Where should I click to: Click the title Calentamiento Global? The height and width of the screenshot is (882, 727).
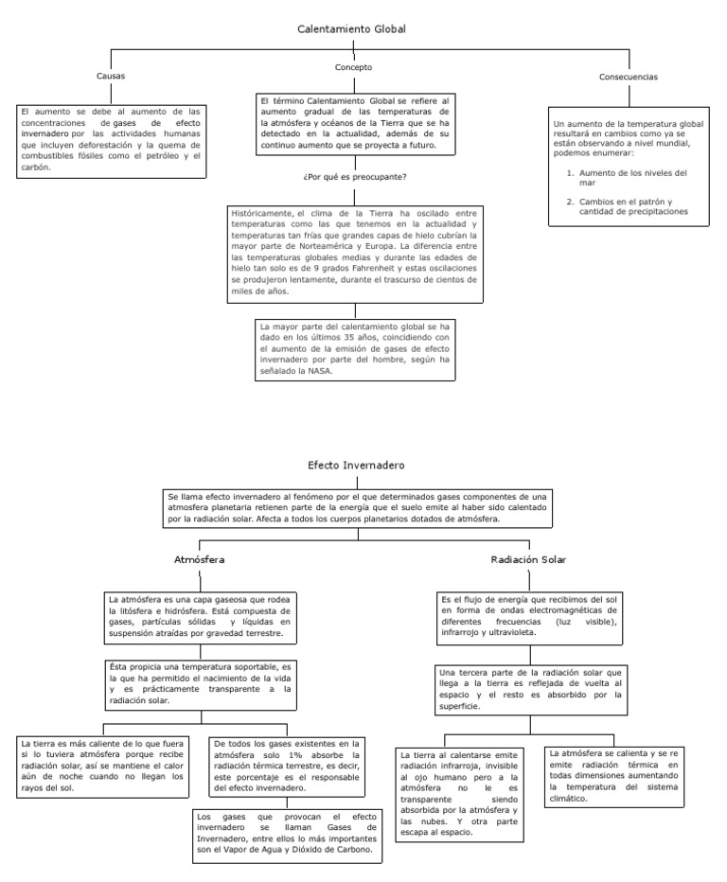[352, 29]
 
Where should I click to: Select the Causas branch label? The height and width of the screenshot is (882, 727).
[111, 76]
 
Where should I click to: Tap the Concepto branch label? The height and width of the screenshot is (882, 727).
[353, 67]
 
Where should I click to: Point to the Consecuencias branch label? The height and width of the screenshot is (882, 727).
[629, 77]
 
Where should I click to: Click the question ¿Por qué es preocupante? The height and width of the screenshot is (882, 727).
[354, 177]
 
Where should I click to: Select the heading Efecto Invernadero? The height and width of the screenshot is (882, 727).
[356, 467]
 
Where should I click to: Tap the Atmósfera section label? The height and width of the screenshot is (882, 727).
[199, 559]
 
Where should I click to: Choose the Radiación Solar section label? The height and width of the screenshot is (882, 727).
[528, 559]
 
